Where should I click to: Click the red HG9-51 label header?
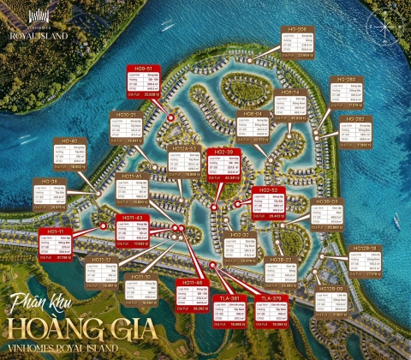140,69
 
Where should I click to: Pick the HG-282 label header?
355,118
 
